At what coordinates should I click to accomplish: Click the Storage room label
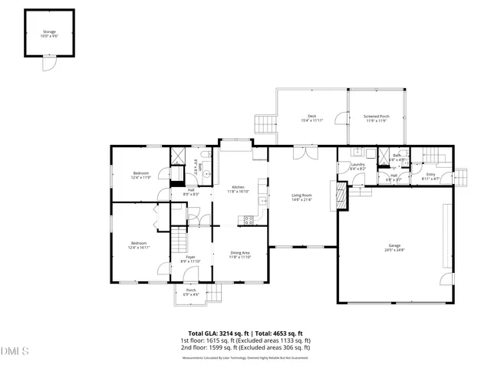pos(49,34)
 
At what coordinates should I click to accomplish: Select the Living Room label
pos(302,198)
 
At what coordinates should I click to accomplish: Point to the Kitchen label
pos(238,189)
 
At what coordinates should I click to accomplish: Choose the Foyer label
pos(189,259)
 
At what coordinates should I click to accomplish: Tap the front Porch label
pos(191,292)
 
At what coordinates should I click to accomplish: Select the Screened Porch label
pos(376,118)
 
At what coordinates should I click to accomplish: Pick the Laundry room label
pos(358,166)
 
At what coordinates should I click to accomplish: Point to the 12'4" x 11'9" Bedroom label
pos(140,176)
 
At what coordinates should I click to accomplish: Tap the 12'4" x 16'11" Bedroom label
pos(140,245)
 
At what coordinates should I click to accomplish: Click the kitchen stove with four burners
pos(249,220)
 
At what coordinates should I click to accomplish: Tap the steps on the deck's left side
pos(264,123)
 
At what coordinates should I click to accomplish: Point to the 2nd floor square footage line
pos(245,347)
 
